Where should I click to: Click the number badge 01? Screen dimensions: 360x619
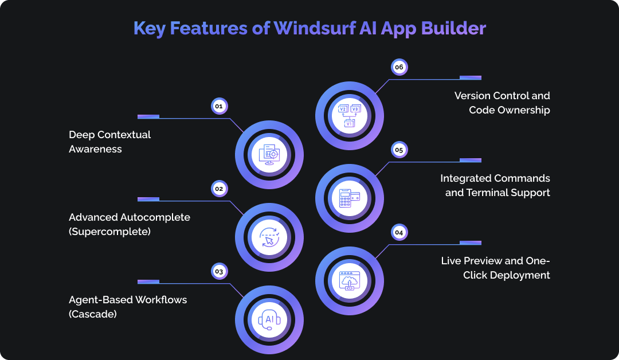coord(218,106)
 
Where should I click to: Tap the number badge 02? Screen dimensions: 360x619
coord(218,188)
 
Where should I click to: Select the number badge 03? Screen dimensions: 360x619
coord(218,271)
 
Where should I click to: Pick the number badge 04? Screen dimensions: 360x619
coord(399,232)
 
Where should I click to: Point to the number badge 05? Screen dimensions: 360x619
coord(399,150)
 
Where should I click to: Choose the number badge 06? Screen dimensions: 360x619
coord(399,67)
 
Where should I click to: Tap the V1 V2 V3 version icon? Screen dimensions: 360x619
coord(349,114)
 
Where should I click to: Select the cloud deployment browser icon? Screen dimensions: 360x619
coord(349,280)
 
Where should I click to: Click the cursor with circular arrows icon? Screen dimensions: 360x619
coord(269,237)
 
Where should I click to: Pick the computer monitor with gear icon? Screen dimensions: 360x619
coord(269,155)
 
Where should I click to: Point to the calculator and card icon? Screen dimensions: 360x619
coord(349,197)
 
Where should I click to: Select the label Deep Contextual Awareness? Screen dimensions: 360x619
coord(109,142)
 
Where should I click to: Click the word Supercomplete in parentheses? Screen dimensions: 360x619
coord(111,231)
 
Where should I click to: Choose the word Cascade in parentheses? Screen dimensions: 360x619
coord(93,314)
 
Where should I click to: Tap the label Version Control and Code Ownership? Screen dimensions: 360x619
coord(503,103)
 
